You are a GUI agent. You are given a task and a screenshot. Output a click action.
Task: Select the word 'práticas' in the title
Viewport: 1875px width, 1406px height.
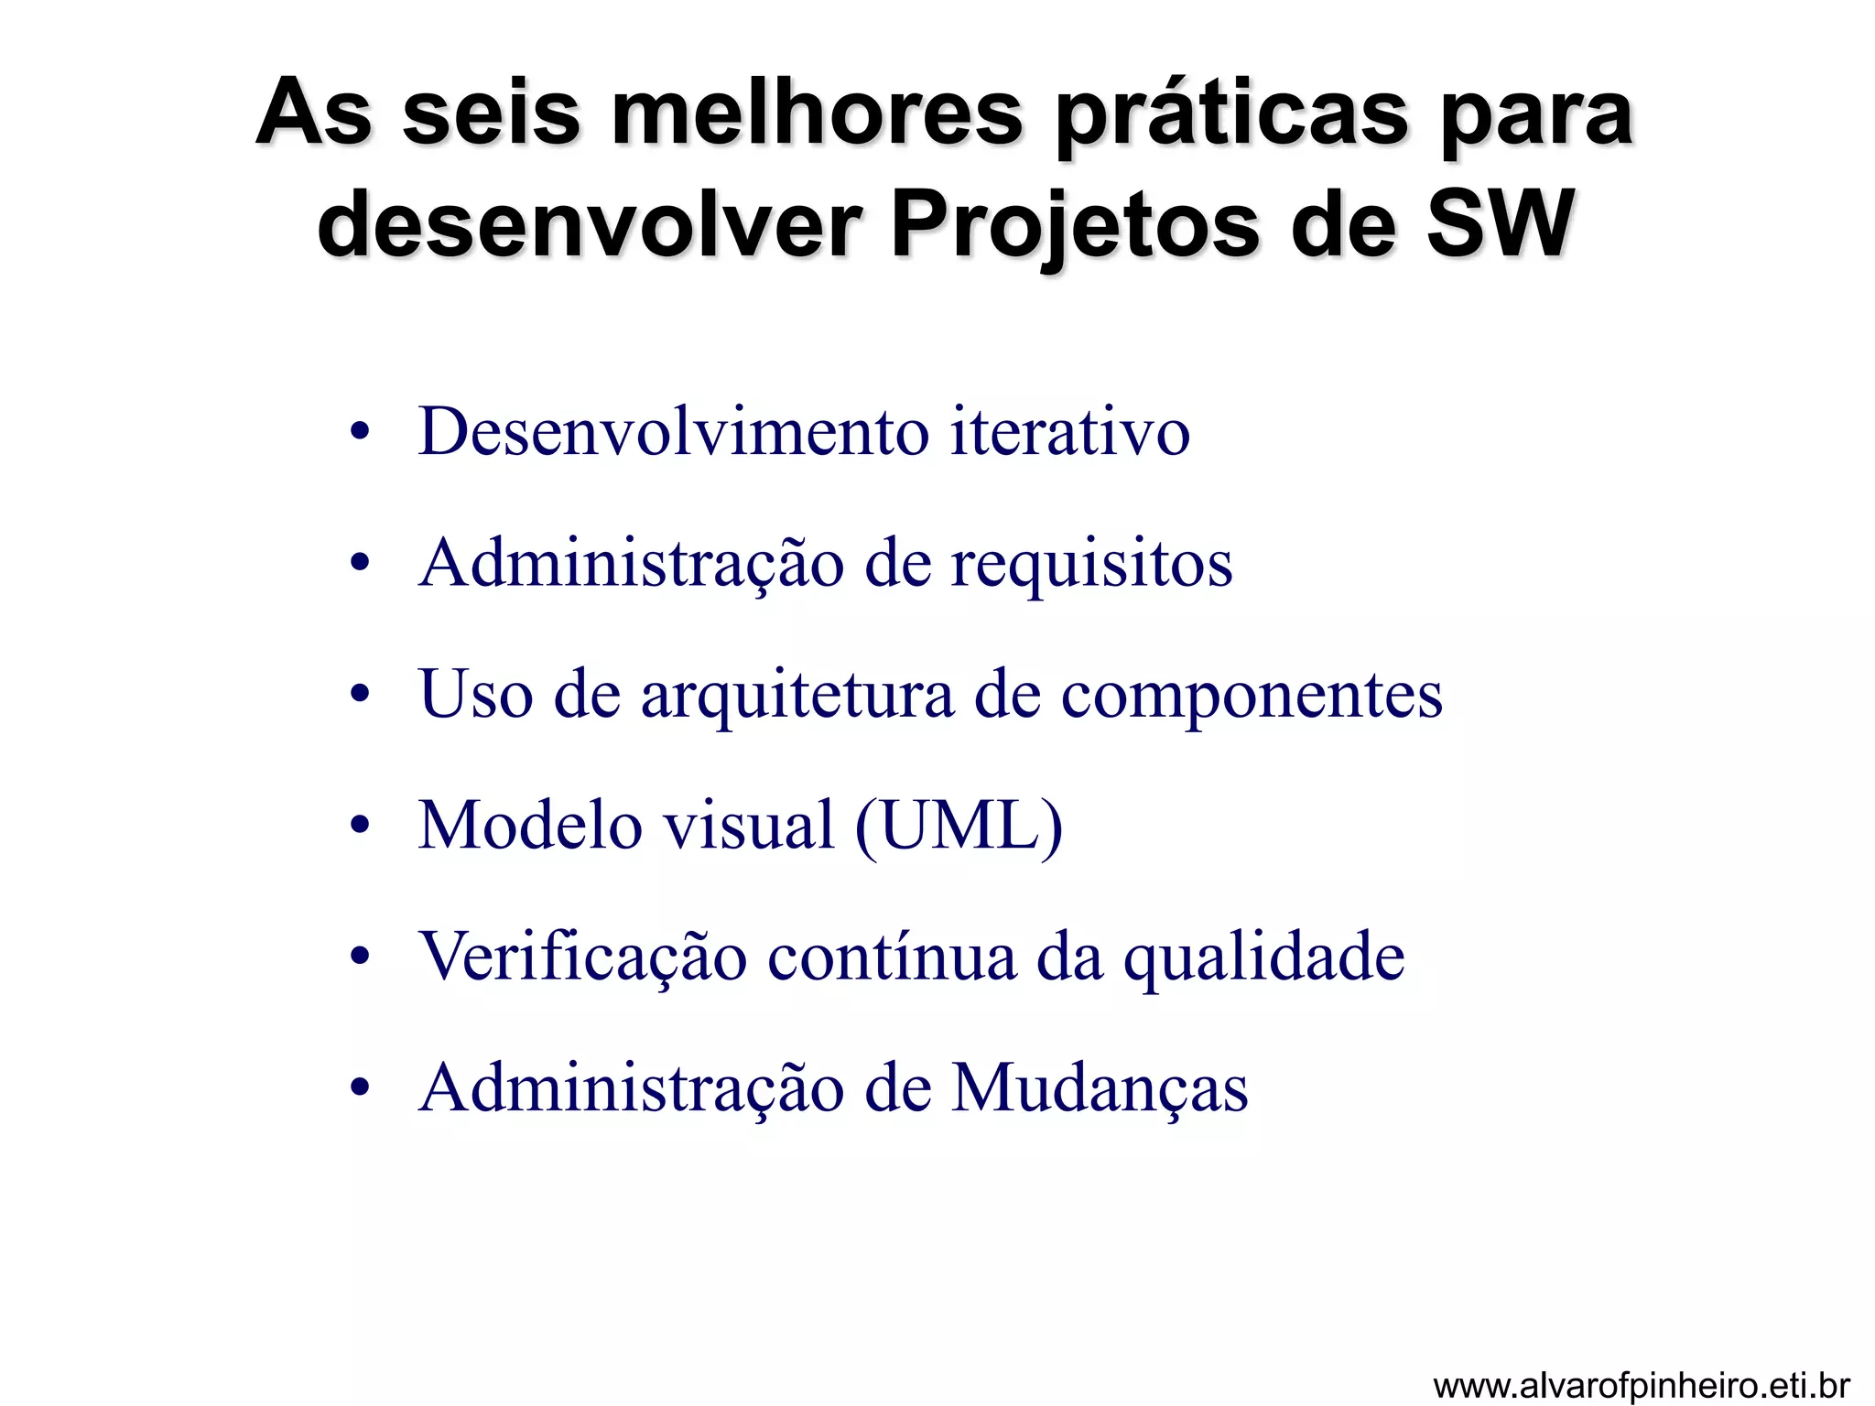tap(1230, 117)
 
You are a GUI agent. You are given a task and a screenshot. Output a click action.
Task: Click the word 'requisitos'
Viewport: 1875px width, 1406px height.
tap(1091, 564)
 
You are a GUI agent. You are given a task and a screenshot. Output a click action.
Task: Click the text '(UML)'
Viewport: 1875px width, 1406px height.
tap(959, 827)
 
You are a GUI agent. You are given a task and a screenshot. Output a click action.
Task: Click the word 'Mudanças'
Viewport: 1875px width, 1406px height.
tap(1100, 1089)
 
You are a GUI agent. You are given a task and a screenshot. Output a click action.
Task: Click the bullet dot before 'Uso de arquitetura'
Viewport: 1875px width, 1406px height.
tap(360, 694)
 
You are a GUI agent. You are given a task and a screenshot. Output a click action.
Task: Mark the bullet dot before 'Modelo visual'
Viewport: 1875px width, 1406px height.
tap(360, 825)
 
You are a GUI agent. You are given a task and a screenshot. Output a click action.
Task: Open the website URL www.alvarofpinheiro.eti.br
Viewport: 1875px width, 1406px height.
tap(1641, 1385)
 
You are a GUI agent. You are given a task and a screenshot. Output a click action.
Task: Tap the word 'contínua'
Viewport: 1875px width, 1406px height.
tap(891, 957)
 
